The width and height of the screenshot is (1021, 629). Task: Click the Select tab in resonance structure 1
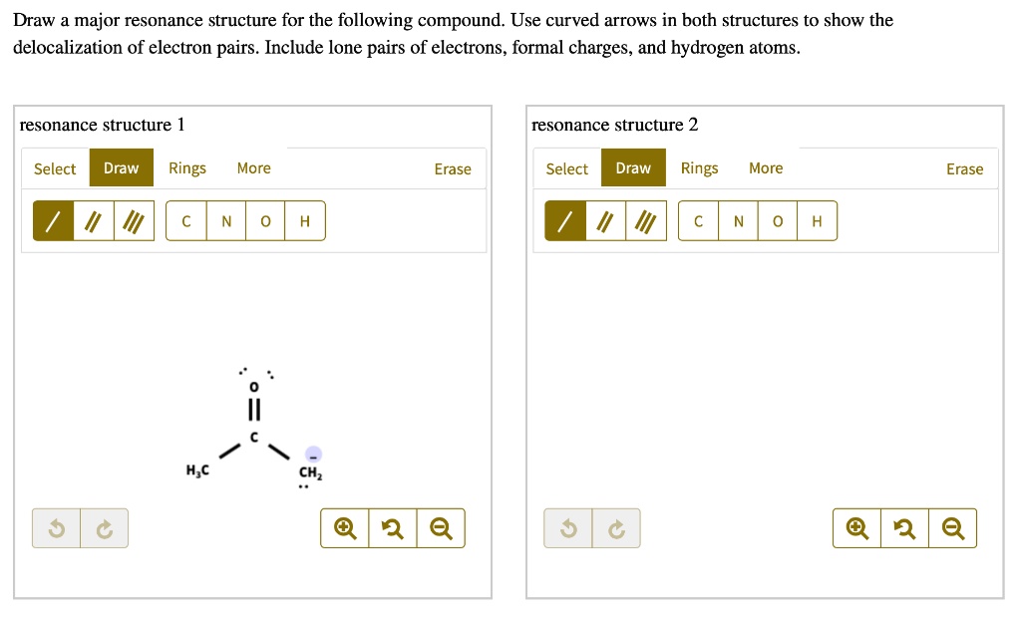click(55, 168)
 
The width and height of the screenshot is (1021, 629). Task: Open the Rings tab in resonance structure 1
click(187, 168)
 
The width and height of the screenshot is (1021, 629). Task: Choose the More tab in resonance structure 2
click(766, 168)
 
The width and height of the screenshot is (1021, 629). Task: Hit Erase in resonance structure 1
click(453, 168)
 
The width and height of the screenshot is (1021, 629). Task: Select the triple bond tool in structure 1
click(134, 221)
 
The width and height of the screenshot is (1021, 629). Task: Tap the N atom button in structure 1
click(226, 221)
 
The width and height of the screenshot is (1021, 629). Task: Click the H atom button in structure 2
click(817, 221)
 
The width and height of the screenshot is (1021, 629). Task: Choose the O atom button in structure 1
click(265, 221)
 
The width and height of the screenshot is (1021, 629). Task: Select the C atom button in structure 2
click(698, 221)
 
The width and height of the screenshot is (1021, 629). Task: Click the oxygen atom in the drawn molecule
click(253, 386)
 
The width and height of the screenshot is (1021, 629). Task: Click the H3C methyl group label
click(196, 471)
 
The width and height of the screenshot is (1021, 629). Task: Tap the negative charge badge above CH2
click(313, 454)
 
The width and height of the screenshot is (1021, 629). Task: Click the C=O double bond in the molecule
click(253, 410)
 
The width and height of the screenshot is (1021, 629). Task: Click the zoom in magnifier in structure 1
click(345, 528)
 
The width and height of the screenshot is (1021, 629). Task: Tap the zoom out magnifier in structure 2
click(952, 528)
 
